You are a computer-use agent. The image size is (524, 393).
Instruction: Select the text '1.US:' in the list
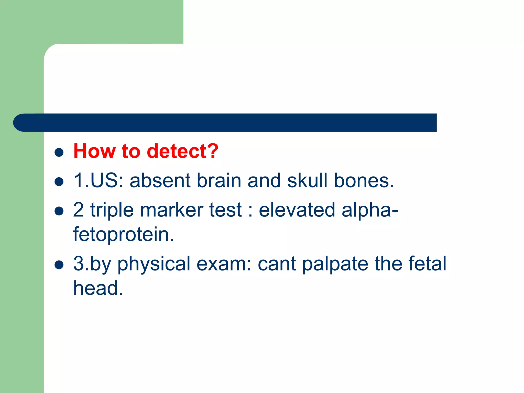tap(99, 181)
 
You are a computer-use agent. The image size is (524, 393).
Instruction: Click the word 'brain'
tap(219, 181)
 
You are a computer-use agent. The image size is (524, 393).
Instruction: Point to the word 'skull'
tap(307, 181)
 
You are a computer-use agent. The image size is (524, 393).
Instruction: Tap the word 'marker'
tap(172, 210)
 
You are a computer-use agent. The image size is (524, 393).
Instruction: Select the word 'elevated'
tap(297, 210)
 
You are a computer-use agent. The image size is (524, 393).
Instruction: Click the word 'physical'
tap(154, 264)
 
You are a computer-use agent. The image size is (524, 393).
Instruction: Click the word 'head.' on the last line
tap(98, 288)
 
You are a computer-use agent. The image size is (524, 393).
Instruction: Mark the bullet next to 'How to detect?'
tap(59, 152)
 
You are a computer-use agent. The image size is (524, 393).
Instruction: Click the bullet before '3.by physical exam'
tap(59, 265)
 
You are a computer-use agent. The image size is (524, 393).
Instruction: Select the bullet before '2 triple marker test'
tap(59, 211)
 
